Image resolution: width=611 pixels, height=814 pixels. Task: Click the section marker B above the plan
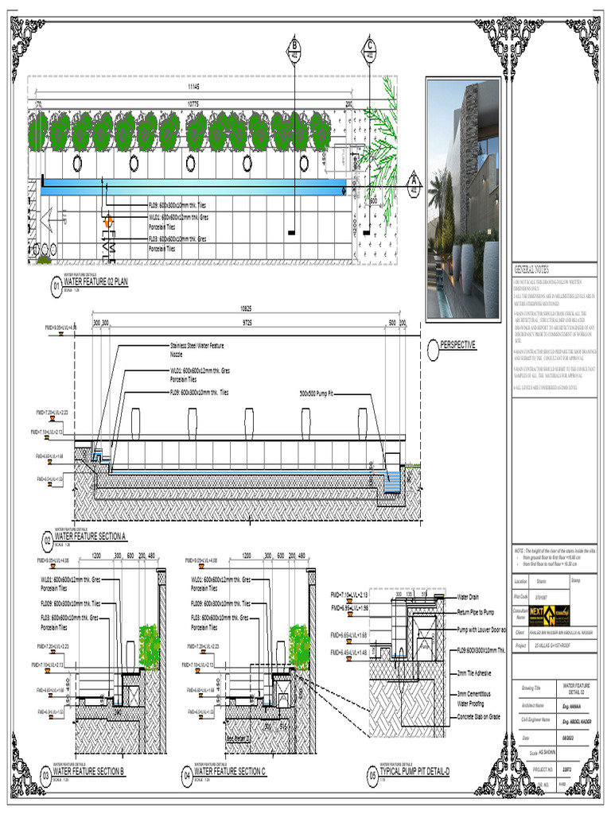click(294, 50)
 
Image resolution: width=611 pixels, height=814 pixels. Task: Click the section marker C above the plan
click(369, 50)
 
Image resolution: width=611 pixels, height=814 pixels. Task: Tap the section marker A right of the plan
click(414, 184)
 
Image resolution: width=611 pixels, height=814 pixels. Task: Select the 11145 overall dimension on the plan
click(193, 86)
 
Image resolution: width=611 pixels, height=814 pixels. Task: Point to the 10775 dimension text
click(193, 103)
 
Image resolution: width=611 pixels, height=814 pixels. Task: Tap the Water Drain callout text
click(468, 596)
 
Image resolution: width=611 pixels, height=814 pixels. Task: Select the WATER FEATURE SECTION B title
click(88, 771)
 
